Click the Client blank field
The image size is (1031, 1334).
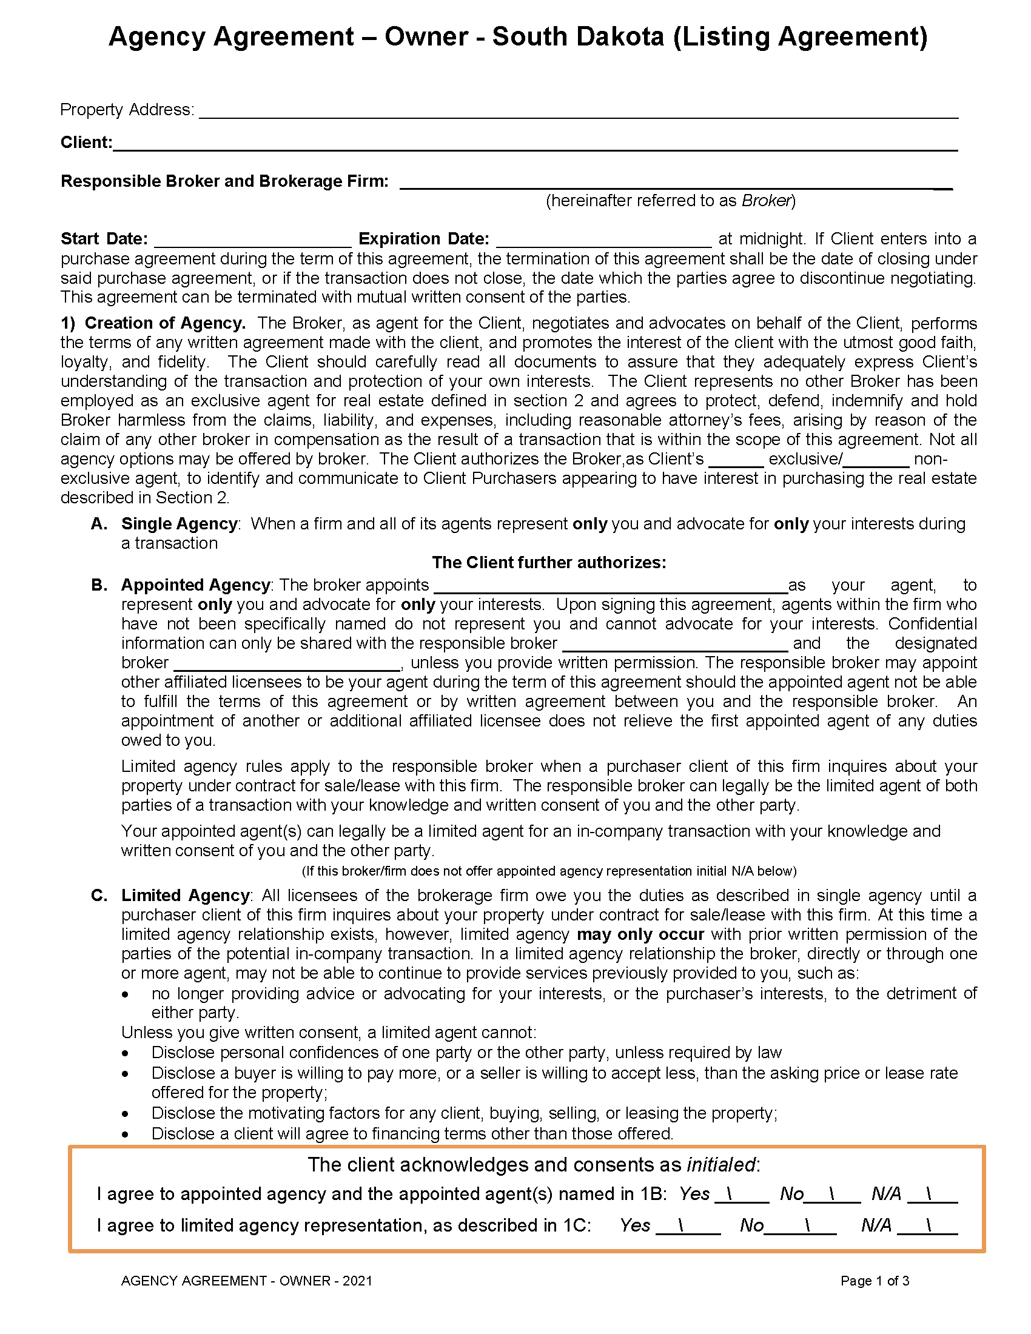pyautogui.click(x=535, y=144)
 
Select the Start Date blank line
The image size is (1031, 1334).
pyautogui.click(x=252, y=240)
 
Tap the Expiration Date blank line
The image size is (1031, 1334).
pyautogui.click(x=603, y=240)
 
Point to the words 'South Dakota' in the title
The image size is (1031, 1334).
pyautogui.click(x=578, y=36)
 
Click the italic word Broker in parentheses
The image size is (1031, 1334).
pyautogui.click(x=766, y=201)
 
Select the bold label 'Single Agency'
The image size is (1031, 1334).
pyautogui.click(x=179, y=524)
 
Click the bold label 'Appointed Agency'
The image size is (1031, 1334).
pyautogui.click(x=195, y=585)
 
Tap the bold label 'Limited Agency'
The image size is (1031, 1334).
pyautogui.click(x=185, y=896)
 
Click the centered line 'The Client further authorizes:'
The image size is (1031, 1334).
pyautogui.click(x=548, y=563)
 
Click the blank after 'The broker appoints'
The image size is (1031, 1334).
pyautogui.click(x=610, y=586)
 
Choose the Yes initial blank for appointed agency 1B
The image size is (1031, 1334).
pyautogui.click(x=742, y=1195)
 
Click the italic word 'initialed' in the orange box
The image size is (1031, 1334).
pyautogui.click(x=720, y=1165)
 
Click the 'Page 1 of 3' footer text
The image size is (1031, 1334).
pyautogui.click(x=875, y=1281)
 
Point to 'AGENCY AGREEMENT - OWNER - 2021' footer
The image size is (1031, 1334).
pyautogui.click(x=247, y=1281)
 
